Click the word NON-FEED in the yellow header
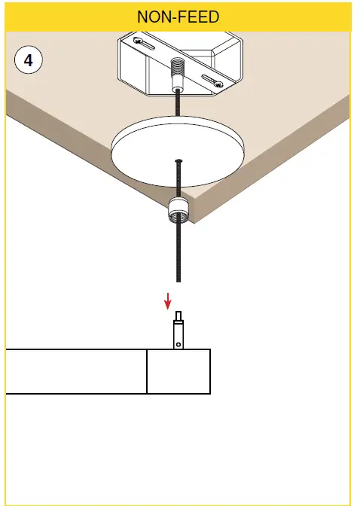pyautogui.click(x=178, y=17)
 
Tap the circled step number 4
pyautogui.click(x=29, y=61)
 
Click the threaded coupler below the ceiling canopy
pyautogui.click(x=178, y=209)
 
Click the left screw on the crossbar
pyautogui.click(x=139, y=41)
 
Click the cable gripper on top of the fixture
pyautogui.click(x=178, y=334)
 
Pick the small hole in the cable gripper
pyautogui.click(x=178, y=345)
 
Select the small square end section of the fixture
pyautogui.click(x=178, y=371)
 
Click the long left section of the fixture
pyautogui.click(x=76, y=371)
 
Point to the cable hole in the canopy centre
pyautogui.click(x=178, y=160)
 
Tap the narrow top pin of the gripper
pyautogui.click(x=178, y=315)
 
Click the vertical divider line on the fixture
pyautogui.click(x=147, y=371)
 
